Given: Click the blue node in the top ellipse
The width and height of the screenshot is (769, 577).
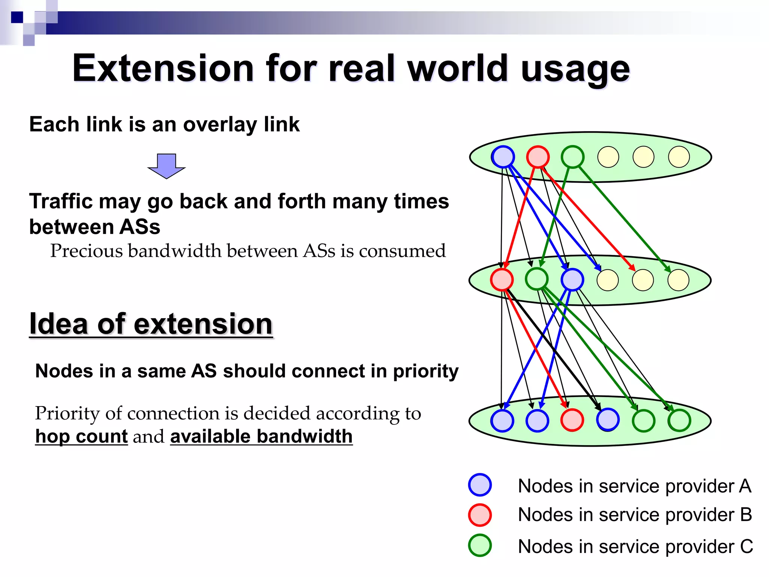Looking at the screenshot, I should point(503,157).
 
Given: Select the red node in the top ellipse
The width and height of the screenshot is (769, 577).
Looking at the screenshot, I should point(538,157).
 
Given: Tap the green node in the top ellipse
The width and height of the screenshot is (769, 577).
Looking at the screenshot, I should point(573,157).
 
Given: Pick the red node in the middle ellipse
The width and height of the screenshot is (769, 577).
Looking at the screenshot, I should point(502,280).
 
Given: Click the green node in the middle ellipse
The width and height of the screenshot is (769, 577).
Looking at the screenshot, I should point(537,279).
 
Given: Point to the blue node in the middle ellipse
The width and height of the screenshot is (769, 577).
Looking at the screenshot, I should point(572,280).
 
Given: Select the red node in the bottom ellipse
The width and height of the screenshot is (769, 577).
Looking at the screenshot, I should point(572,420).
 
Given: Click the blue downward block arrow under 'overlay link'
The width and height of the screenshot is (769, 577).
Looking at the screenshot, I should point(166,165).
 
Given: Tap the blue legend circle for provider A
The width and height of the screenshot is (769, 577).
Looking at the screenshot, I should point(480,485).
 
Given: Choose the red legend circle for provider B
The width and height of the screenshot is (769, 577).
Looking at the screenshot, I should point(480,515).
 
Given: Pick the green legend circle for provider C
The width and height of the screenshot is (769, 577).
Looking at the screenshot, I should point(480,545).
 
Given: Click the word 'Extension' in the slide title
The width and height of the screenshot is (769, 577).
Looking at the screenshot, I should point(163,68).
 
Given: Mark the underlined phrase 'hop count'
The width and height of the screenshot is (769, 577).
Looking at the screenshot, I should point(81,437).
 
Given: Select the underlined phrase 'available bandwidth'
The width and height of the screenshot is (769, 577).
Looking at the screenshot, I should point(261,437).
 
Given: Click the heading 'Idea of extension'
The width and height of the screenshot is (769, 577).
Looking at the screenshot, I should point(151,324).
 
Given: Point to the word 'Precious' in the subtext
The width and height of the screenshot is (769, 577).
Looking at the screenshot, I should point(86,251).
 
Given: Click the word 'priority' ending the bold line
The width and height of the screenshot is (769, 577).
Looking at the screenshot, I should point(425,372).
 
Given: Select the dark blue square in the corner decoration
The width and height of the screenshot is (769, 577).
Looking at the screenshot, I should point(17,17).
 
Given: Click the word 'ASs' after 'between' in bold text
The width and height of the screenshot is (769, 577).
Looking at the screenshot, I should point(140,227).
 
